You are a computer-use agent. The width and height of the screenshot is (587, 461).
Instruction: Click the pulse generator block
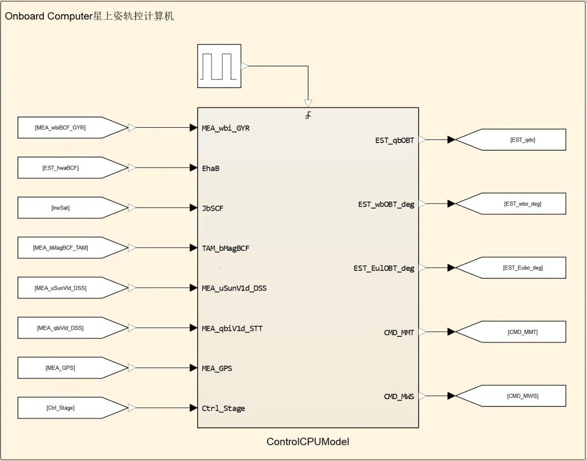(x=219, y=66)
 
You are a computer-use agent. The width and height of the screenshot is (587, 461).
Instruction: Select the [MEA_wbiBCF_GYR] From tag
(x=61, y=128)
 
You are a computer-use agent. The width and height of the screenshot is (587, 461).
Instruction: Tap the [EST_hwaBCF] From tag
(x=61, y=168)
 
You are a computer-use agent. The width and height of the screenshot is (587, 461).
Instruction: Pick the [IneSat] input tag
(x=61, y=208)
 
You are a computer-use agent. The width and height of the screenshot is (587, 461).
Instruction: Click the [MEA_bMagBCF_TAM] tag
(x=61, y=248)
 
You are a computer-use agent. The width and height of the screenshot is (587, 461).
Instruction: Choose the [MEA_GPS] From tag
(x=61, y=368)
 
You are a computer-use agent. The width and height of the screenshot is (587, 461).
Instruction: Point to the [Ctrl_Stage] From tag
(x=61, y=408)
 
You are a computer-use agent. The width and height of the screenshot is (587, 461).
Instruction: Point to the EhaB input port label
(x=210, y=168)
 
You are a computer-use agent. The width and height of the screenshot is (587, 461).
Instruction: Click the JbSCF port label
(x=212, y=208)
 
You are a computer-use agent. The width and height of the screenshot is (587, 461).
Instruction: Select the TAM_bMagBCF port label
(x=226, y=248)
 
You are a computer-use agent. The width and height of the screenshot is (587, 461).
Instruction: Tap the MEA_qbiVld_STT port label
(x=232, y=328)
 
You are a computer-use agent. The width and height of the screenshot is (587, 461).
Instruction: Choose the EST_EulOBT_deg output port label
(x=384, y=268)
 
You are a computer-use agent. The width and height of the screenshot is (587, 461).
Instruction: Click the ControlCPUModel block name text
(x=308, y=442)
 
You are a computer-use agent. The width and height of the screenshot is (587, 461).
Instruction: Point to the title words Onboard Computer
(x=49, y=16)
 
